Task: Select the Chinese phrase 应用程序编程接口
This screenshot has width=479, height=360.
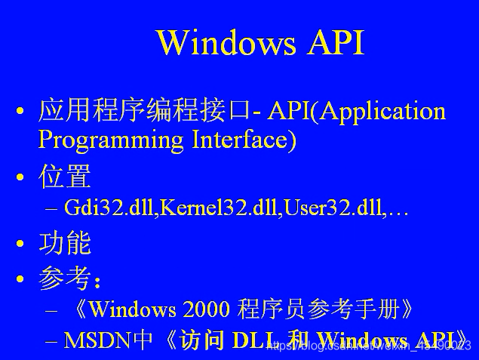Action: click(x=143, y=112)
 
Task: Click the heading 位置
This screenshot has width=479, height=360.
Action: click(x=65, y=177)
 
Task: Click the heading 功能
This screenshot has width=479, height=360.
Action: click(x=65, y=244)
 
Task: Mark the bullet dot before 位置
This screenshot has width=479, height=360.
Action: click(x=20, y=179)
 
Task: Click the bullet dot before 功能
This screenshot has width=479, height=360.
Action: click(x=20, y=245)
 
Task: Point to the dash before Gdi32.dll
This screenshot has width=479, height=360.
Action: click(x=51, y=208)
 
